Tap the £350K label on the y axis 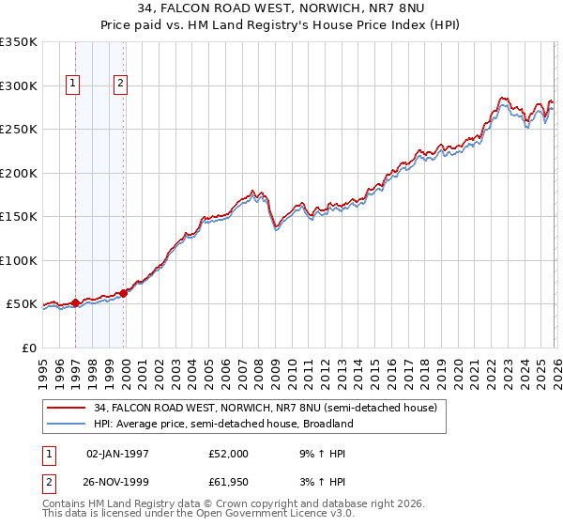tap(19, 42)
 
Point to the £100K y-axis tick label tap(19, 260)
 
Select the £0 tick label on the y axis tap(28, 348)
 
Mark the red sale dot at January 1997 tap(75, 302)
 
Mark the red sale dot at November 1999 tap(123, 294)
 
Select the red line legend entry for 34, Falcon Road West tap(265, 409)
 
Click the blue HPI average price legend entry tap(222, 424)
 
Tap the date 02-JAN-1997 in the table tap(117, 454)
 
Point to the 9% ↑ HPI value tap(317, 454)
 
